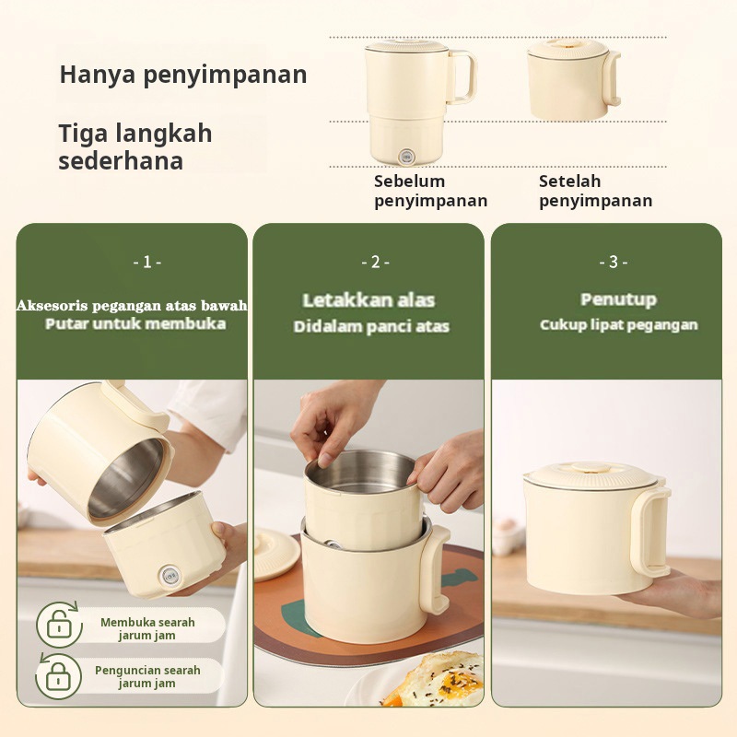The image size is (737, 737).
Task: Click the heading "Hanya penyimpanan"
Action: click(x=183, y=75)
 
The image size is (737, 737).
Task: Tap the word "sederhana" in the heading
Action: click(x=121, y=160)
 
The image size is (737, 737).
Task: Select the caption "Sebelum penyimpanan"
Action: click(x=430, y=191)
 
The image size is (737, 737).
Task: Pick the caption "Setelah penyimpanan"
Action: click(x=595, y=191)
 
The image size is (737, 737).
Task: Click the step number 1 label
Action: click(x=147, y=262)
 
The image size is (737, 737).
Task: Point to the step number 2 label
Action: click(x=375, y=262)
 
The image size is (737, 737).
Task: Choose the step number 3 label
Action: click(x=614, y=262)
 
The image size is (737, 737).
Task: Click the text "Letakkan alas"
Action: click(x=368, y=300)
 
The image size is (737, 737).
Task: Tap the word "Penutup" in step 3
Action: click(x=618, y=299)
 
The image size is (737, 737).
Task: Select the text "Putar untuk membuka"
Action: click(x=135, y=324)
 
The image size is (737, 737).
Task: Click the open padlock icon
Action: click(x=60, y=625)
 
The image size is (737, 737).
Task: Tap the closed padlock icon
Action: click(x=59, y=676)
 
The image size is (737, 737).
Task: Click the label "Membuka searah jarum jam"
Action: click(x=147, y=629)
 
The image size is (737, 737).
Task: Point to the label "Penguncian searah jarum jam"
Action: click(x=147, y=677)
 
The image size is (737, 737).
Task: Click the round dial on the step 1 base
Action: click(x=169, y=575)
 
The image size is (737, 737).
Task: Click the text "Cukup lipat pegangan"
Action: click(x=618, y=325)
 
